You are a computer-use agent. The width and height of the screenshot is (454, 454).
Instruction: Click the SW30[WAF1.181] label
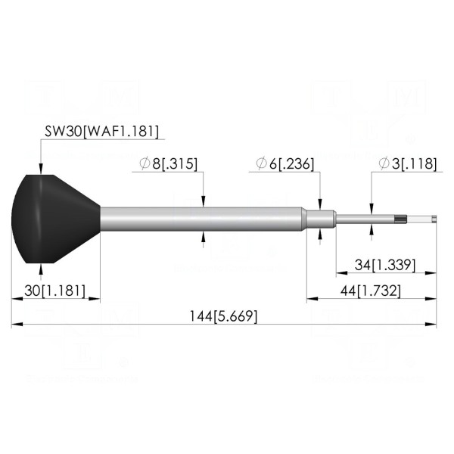[x=101, y=132]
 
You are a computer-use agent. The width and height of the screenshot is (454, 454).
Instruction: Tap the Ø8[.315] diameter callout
[x=168, y=164]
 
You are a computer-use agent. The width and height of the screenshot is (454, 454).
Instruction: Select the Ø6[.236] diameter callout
[x=285, y=164]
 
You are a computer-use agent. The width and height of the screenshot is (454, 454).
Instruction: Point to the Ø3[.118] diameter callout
[x=407, y=164]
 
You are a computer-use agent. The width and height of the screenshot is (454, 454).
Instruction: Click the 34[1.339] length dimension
[x=385, y=265]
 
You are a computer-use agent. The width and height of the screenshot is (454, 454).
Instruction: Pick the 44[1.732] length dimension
[x=371, y=291]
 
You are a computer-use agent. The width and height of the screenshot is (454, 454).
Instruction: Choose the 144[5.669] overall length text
[x=223, y=316]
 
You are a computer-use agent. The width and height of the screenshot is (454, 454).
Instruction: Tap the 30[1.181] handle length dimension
[x=55, y=291]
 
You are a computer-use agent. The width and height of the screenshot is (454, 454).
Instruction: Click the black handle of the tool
[x=55, y=219]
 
